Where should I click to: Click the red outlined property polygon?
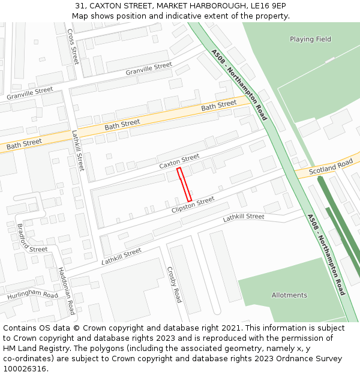[184, 185]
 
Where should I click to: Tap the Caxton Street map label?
[179, 161]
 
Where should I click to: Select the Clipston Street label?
[193, 205]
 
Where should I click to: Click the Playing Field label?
[310, 40]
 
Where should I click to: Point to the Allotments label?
[289, 295]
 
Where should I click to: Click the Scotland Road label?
[331, 167]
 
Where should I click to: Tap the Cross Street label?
[73, 46]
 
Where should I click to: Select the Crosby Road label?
[174, 284]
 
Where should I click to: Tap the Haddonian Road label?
[65, 291]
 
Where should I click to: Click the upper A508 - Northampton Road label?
[239, 85]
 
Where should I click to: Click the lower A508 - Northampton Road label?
[326, 254]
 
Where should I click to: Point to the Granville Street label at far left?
[29, 93]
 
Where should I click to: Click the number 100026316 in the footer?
[25, 368]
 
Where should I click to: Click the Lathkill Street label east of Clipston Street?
[243, 217]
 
